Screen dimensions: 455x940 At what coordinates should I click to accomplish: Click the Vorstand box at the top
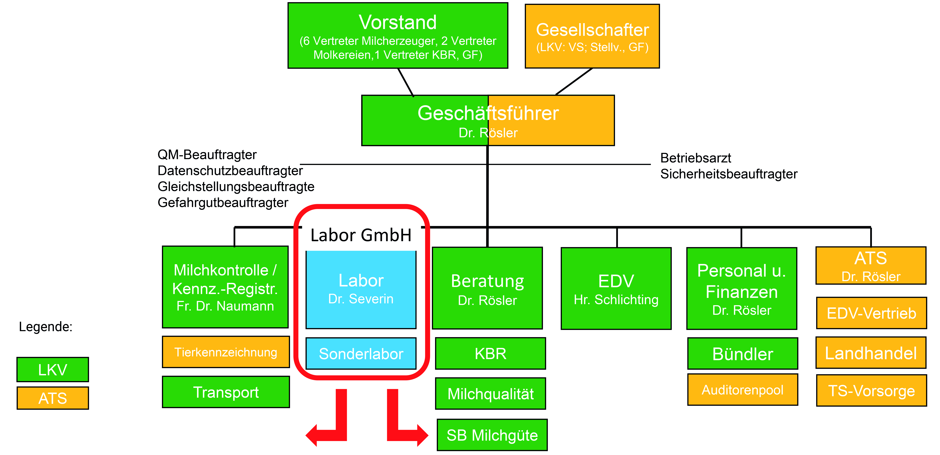(x=398, y=35)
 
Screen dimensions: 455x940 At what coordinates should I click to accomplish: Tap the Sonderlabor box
(x=361, y=353)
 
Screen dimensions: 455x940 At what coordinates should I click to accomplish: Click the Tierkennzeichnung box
(x=226, y=352)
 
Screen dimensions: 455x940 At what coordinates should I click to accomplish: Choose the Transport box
(x=226, y=392)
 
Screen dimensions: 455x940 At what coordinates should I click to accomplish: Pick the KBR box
(x=490, y=353)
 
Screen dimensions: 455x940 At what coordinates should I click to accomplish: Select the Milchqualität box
(x=490, y=394)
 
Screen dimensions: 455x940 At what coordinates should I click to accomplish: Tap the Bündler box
(x=743, y=353)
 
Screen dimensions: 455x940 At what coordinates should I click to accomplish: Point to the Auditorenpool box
(x=743, y=390)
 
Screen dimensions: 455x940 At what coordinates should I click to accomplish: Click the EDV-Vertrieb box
(x=871, y=313)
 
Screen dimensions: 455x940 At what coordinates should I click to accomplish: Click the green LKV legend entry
(x=53, y=370)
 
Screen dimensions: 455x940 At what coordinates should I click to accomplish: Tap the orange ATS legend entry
(x=53, y=398)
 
